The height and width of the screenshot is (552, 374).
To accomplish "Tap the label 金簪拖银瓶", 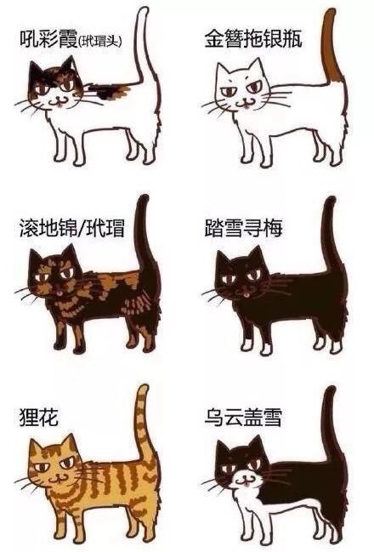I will [252, 39].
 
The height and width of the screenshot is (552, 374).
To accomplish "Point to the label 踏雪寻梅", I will [243, 228].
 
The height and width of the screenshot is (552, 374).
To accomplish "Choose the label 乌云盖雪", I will [243, 418].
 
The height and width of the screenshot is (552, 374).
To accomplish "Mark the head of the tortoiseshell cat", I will [54, 276].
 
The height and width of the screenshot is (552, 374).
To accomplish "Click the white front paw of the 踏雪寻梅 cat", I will [244, 348].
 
